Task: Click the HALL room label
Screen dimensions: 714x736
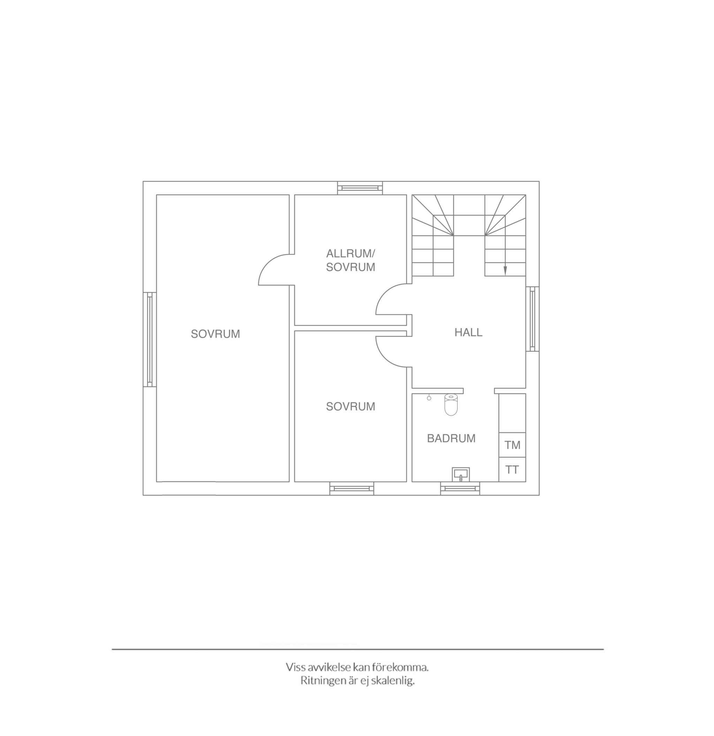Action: [468, 332]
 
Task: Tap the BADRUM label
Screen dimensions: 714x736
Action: [451, 438]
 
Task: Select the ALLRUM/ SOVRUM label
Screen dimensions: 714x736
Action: [351, 260]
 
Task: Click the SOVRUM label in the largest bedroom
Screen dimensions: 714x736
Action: [215, 334]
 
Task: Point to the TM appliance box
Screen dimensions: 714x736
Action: [512, 445]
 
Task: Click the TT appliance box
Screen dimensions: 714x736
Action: [512, 469]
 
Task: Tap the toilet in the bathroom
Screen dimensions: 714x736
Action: [451, 404]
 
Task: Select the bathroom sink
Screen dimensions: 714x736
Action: [461, 474]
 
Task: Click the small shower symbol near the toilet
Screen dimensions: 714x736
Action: [429, 397]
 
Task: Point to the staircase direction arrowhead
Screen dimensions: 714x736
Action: [505, 270]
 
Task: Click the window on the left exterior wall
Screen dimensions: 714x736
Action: [150, 340]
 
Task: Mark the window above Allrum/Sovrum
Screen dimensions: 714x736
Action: [360, 188]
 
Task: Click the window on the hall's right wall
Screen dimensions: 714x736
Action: [532, 319]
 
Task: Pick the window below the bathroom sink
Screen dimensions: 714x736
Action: [460, 488]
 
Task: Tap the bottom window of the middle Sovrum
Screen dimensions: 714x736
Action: [352, 488]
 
